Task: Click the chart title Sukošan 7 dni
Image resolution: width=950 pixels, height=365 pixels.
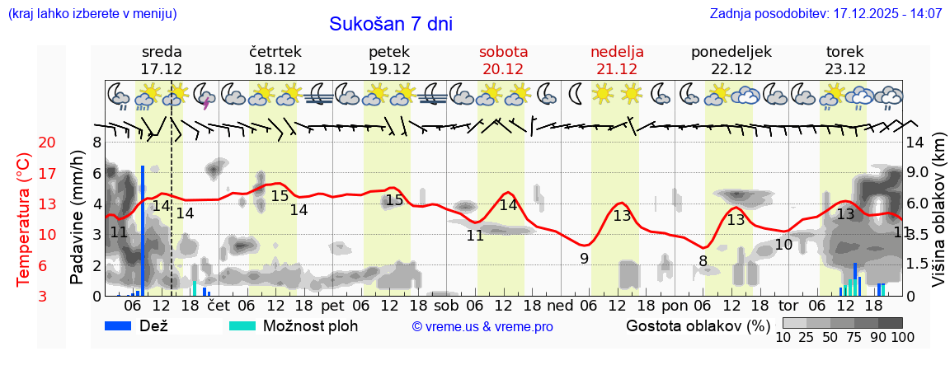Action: coord(391,24)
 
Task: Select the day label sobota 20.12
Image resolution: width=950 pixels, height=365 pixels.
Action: coord(504,60)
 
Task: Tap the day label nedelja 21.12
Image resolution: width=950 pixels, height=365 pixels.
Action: coord(617,60)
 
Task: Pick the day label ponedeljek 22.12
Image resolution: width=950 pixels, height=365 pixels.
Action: coord(731,60)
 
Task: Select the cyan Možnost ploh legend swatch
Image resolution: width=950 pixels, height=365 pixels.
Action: coord(242,325)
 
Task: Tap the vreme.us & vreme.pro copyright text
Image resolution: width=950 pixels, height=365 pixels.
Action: coord(482,326)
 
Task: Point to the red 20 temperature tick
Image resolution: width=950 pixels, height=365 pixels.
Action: coord(25,143)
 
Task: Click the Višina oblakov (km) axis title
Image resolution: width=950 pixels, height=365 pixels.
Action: coord(938,219)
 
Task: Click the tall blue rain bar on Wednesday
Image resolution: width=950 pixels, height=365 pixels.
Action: coord(143,231)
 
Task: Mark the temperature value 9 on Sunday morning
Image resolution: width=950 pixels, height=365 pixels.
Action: coord(584,258)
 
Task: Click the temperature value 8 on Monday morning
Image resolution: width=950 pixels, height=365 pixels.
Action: coord(703,261)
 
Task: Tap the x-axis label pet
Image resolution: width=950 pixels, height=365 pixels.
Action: coord(333,305)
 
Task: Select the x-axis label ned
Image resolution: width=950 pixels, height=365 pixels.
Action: coord(560,305)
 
